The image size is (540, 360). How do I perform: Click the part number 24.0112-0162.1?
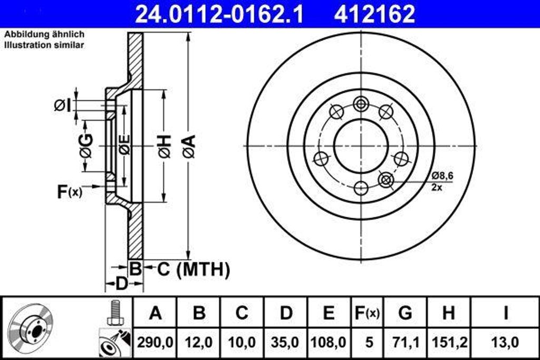(219, 14)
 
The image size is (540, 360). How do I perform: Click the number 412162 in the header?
(374, 14)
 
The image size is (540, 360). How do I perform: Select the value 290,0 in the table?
(155, 342)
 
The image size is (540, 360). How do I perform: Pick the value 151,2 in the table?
(448, 342)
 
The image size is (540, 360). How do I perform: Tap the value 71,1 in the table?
(405, 342)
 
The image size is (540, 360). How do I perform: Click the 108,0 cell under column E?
(329, 342)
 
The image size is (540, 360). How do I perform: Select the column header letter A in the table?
(155, 313)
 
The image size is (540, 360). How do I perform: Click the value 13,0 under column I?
(505, 342)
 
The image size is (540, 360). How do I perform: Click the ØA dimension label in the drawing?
(189, 146)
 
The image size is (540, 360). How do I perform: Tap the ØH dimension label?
(164, 146)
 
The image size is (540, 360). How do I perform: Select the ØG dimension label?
(86, 146)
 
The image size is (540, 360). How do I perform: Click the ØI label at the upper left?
(62, 105)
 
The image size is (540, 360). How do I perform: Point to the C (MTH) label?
(194, 269)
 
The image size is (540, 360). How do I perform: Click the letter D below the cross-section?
(121, 285)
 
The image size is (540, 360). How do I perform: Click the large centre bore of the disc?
(361, 145)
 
